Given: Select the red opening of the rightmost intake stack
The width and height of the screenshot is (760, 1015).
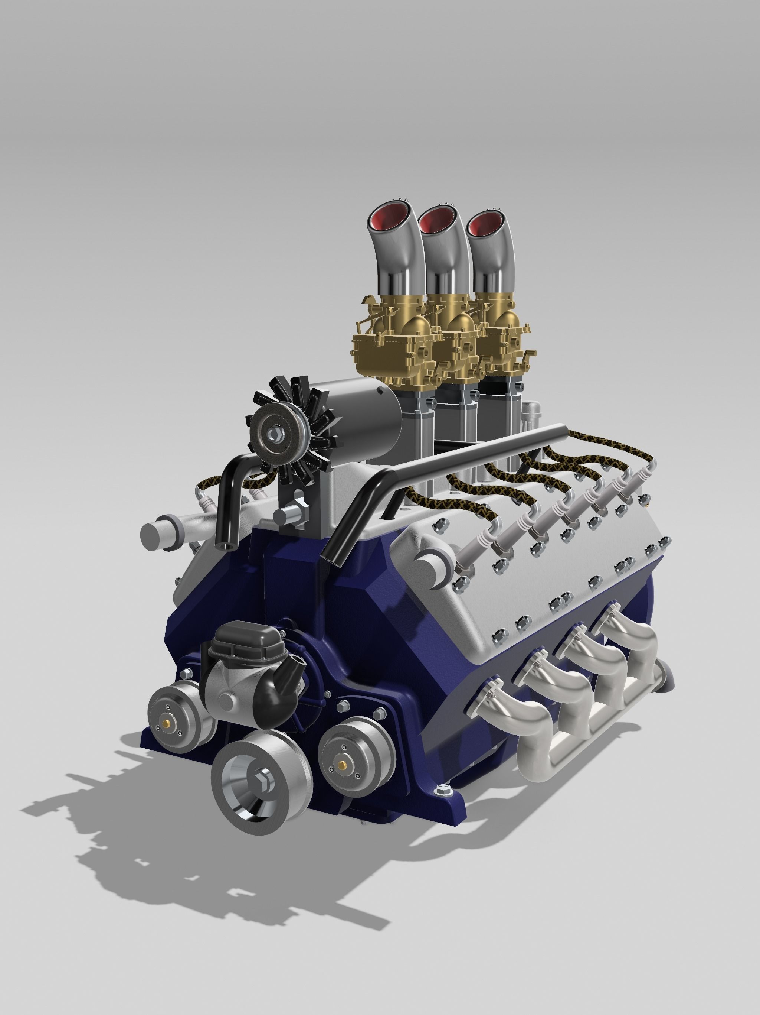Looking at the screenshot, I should (485, 222).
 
